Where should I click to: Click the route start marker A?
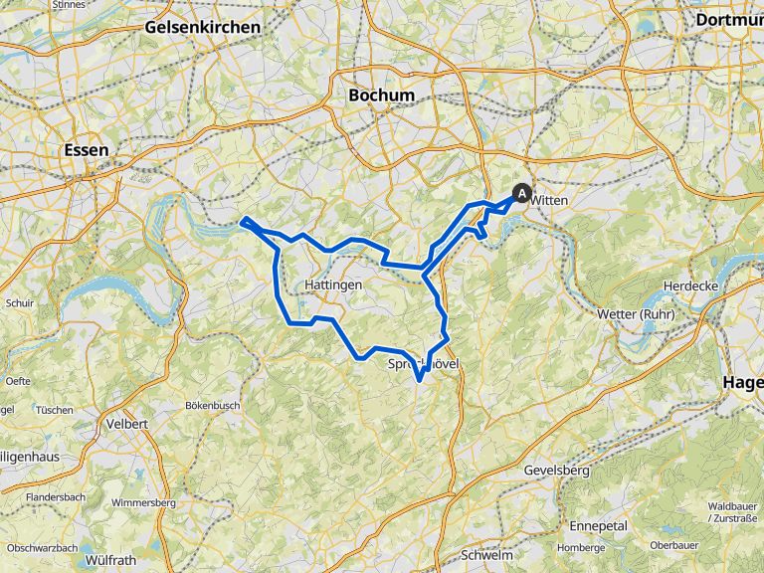pyautogui.click(x=521, y=193)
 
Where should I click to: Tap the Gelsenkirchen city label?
pyautogui.click(x=203, y=27)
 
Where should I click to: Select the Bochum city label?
pyautogui.click(x=381, y=95)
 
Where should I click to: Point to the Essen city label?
pyautogui.click(x=85, y=149)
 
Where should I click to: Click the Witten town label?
pyautogui.click(x=549, y=200)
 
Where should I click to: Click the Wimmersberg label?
pyautogui.click(x=143, y=502)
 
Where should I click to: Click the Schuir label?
pyautogui.click(x=19, y=302)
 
